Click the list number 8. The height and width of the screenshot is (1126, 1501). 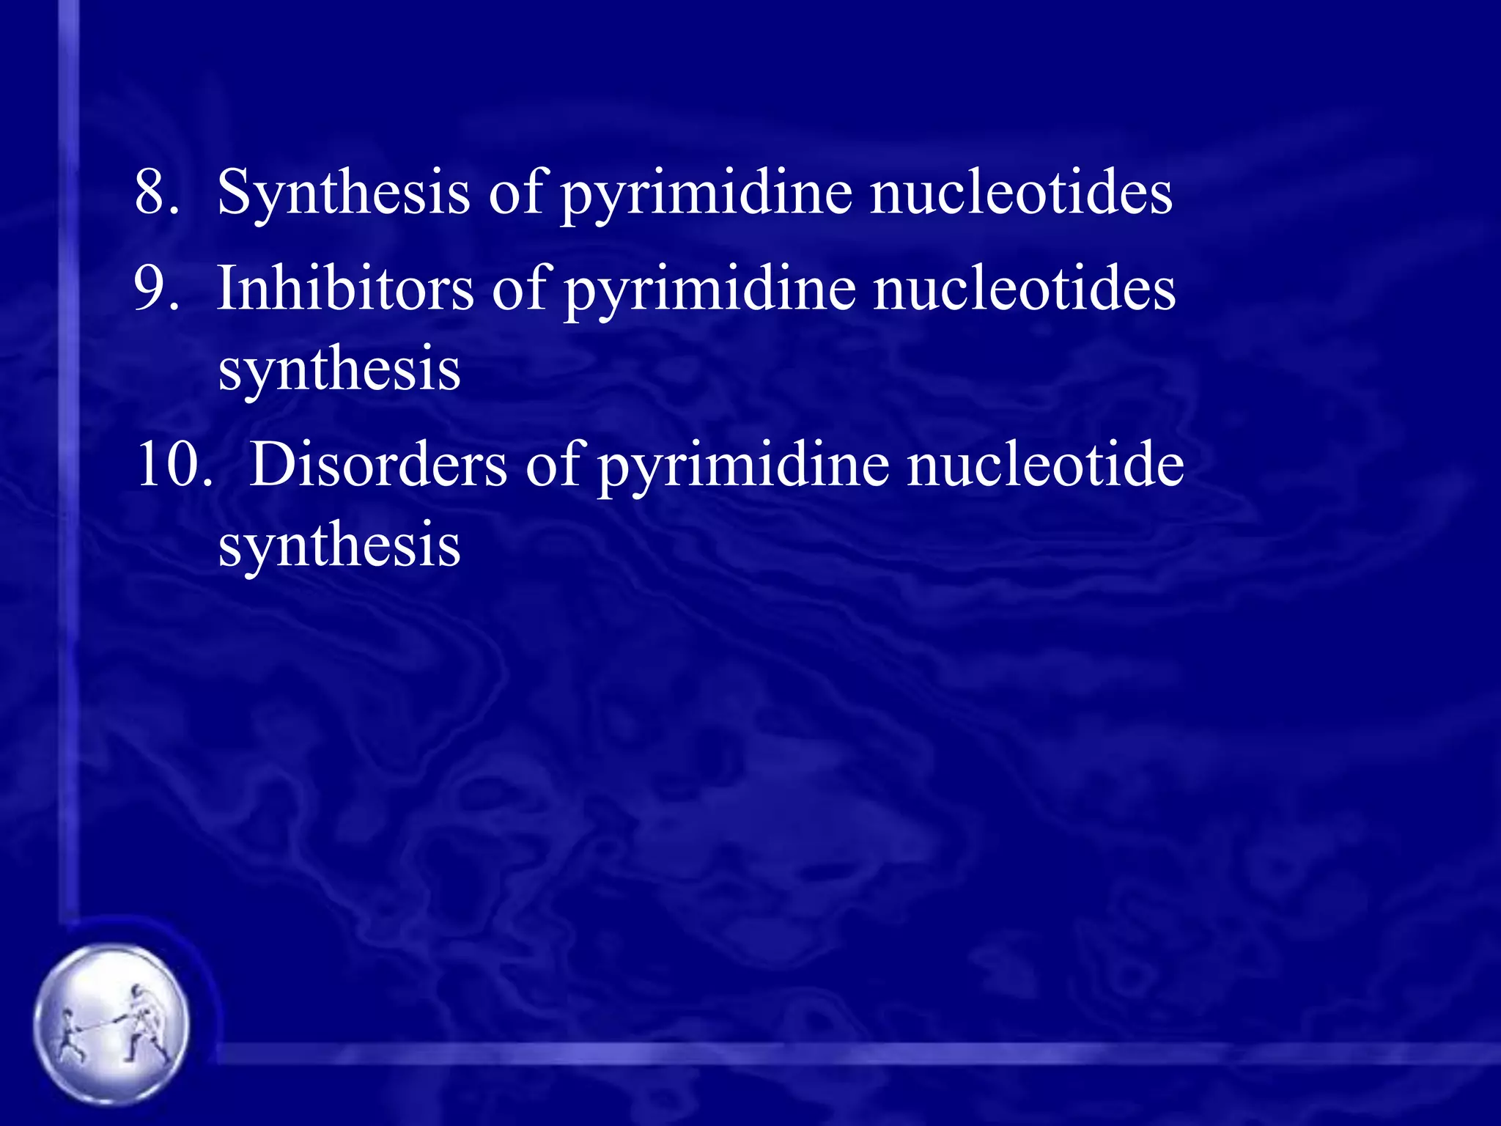(x=156, y=192)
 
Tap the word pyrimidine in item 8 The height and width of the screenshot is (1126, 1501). (x=707, y=196)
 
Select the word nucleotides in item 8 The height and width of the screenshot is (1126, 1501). (x=1021, y=192)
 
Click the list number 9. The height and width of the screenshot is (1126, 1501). (x=156, y=289)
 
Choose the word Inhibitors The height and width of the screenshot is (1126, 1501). (x=345, y=287)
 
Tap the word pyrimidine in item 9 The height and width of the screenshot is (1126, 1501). (x=709, y=292)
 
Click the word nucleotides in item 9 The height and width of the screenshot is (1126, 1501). (x=1024, y=288)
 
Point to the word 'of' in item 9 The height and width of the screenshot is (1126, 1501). (x=519, y=287)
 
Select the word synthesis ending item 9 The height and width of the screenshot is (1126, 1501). (x=339, y=369)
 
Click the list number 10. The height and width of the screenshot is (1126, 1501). (x=173, y=465)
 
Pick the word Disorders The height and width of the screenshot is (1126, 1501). (x=377, y=465)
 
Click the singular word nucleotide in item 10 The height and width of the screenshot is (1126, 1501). (x=1045, y=465)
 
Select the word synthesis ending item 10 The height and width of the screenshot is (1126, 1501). (x=339, y=545)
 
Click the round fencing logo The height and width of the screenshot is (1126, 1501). (x=111, y=1023)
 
